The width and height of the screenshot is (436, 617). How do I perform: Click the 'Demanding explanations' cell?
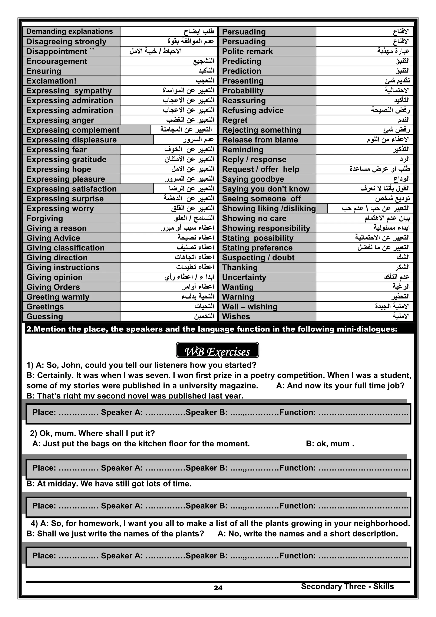70,32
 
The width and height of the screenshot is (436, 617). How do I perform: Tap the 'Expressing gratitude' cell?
66,159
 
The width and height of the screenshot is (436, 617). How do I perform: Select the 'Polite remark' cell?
247,51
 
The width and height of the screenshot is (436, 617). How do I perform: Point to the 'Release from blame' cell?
260,140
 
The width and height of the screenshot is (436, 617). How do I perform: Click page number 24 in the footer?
218,588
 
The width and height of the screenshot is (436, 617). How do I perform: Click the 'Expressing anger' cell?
60,120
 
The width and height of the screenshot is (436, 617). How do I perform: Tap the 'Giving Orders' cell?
53,287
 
